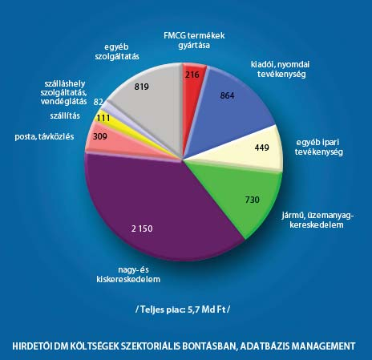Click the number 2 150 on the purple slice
(x=142, y=229)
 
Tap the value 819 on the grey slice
(x=142, y=87)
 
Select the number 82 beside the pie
(x=99, y=102)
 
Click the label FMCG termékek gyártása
(x=194, y=40)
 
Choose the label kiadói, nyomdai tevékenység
(x=281, y=69)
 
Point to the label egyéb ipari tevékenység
(x=318, y=147)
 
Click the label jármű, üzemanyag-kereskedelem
(x=317, y=220)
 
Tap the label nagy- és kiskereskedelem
(x=128, y=274)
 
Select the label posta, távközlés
(x=44, y=136)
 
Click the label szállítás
(x=65, y=115)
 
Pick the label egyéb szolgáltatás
(x=117, y=52)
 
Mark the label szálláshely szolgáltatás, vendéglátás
(x=63, y=92)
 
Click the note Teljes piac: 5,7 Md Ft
(x=183, y=309)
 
